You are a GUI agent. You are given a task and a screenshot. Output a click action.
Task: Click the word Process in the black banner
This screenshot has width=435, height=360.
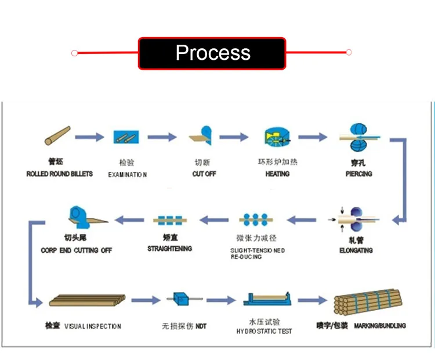pyautogui.click(x=213, y=53)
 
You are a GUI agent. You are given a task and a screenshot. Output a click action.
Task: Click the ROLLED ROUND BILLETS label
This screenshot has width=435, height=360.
pyautogui.click(x=59, y=174)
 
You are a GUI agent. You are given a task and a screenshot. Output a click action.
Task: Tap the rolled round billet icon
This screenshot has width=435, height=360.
pyautogui.click(x=57, y=136)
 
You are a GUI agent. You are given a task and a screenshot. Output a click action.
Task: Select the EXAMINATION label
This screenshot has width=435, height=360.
pyautogui.click(x=128, y=174)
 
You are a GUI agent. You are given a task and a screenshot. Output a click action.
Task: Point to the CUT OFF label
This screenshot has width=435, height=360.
pyautogui.click(x=205, y=174)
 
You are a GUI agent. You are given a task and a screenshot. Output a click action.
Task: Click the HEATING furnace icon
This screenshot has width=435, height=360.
pyautogui.click(x=277, y=138)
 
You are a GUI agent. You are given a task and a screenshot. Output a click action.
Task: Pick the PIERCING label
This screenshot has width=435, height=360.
pyautogui.click(x=358, y=174)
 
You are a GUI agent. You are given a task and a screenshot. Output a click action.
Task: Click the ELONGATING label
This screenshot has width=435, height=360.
pyautogui.click(x=356, y=250)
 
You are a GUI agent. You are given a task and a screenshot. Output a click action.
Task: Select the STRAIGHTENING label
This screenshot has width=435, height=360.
pyautogui.click(x=169, y=249)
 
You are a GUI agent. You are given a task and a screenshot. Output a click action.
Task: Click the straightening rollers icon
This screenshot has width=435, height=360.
pyautogui.click(x=170, y=220)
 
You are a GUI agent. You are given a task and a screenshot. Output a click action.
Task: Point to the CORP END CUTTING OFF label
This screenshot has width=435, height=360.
pyautogui.click(x=76, y=250)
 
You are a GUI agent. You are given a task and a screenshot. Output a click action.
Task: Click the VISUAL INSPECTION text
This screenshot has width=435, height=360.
pyautogui.click(x=92, y=326)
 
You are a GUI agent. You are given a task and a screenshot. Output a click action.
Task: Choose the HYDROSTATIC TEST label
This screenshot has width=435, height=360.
pyautogui.click(x=264, y=331)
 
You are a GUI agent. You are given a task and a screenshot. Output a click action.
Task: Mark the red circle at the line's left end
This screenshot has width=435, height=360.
pyautogui.click(x=74, y=53)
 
